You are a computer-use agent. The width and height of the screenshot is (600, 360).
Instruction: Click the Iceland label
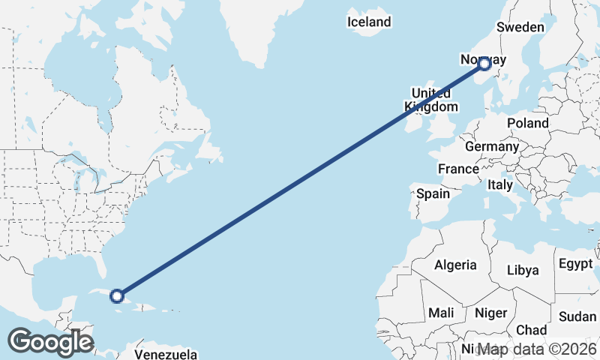tap(369, 22)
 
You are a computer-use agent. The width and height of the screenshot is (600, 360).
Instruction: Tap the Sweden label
tap(520, 27)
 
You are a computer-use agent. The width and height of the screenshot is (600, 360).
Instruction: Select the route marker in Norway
tap(484, 64)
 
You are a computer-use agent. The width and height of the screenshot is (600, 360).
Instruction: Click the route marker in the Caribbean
tap(117, 295)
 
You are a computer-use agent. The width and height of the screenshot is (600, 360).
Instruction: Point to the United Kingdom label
tap(431, 100)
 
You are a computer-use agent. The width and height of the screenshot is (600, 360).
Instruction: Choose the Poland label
tap(528, 123)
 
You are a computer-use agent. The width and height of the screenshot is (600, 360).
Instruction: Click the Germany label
tap(491, 147)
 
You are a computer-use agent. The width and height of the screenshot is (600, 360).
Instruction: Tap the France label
tap(458, 169)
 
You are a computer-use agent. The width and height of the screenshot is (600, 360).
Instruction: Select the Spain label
tap(433, 193)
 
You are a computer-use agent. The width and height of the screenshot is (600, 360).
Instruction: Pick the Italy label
tap(500, 184)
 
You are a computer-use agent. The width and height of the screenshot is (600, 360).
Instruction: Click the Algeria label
tap(455, 265)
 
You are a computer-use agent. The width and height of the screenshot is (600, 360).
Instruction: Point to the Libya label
tap(523, 270)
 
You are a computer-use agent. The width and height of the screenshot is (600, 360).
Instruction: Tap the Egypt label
tap(576, 264)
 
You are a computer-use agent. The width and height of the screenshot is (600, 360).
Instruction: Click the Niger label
tap(491, 312)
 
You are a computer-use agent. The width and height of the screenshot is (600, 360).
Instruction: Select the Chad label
tap(531, 330)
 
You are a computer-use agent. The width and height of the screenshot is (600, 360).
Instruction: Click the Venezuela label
tap(166, 353)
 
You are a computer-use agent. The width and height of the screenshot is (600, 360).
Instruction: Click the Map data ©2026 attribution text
tap(537, 349)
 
